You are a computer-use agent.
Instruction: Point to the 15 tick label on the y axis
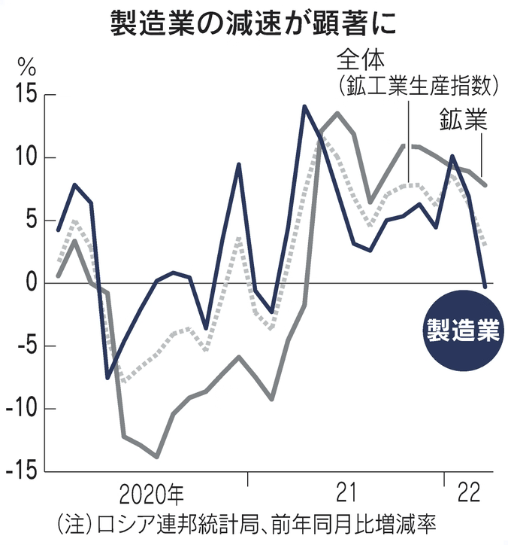(x=22, y=96)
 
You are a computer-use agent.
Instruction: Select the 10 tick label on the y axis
(x=22, y=158)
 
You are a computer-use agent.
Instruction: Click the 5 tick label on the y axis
(x=29, y=221)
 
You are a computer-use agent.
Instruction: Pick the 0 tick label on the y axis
(x=29, y=284)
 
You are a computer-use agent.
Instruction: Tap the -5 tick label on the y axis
(x=23, y=347)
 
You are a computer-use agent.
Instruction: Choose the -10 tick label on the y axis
(x=19, y=410)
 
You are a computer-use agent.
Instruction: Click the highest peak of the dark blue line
(x=304, y=106)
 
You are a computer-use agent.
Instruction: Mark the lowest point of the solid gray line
(x=156, y=456)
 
